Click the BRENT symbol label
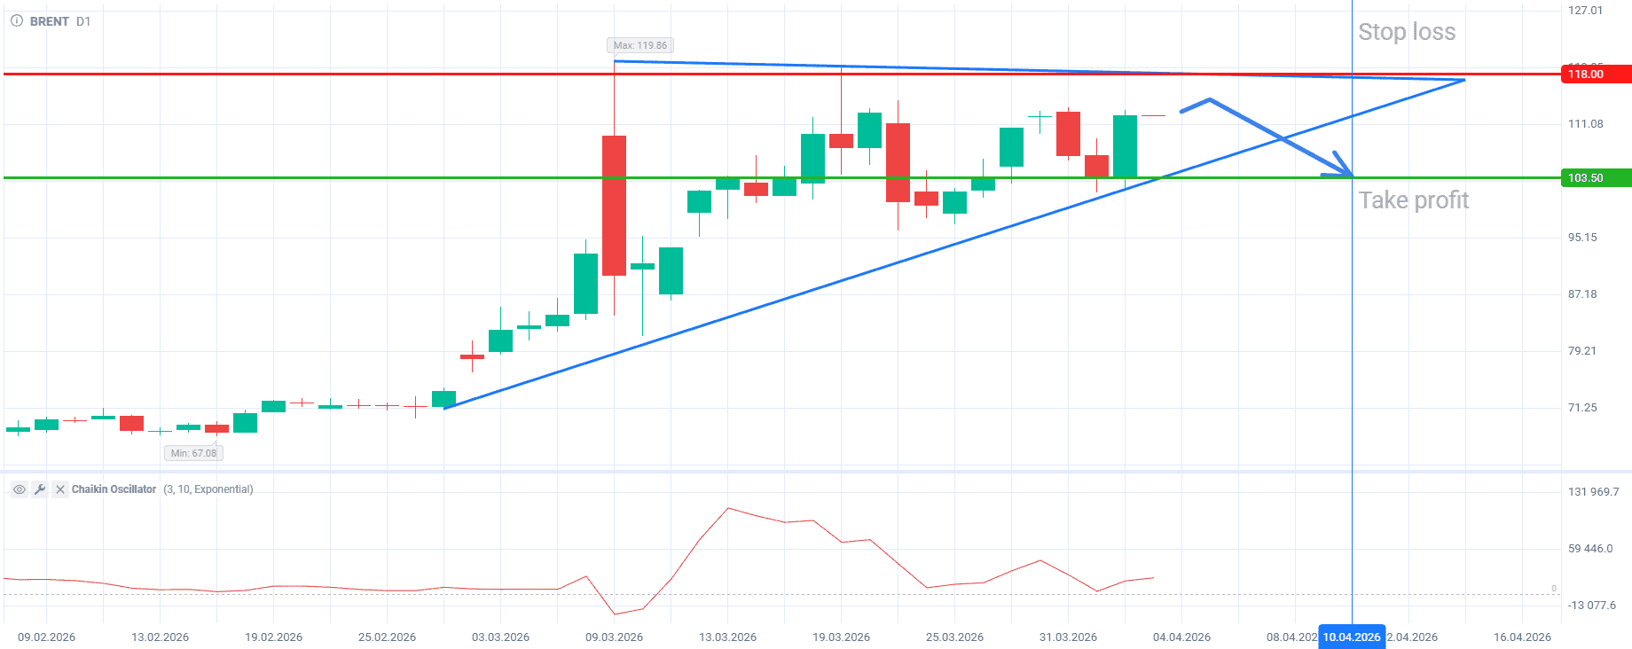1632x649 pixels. coord(49,21)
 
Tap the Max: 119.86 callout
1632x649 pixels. coord(639,45)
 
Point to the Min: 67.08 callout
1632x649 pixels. coord(193,453)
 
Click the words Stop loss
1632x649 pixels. coord(1407,32)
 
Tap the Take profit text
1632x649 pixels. coord(1414,200)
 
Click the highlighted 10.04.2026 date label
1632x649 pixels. coord(1352,637)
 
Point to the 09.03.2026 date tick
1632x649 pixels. coord(614,637)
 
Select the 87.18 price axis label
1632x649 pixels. coord(1582,294)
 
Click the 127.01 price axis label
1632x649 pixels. coord(1585,11)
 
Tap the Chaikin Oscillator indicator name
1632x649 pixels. coord(114,489)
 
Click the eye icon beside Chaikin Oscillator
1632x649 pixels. coord(19,489)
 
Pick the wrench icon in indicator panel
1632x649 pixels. coord(39,489)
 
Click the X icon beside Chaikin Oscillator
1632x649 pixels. coord(59,489)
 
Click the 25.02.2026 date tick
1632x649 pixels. coord(387,637)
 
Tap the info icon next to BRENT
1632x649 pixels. coord(17,21)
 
